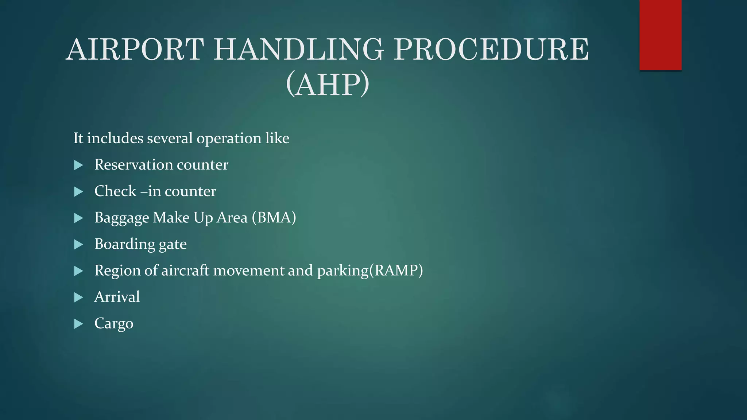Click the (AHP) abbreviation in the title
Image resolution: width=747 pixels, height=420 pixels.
328,85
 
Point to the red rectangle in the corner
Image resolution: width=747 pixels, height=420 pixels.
660,35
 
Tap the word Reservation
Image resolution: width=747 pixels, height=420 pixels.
133,164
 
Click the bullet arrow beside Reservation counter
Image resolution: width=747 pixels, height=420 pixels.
78,165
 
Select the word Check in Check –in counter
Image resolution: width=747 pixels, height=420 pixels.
115,191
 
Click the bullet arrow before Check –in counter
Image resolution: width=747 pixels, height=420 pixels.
78,192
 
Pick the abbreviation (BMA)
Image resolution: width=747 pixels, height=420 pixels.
274,217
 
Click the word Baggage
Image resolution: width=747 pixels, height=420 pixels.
122,218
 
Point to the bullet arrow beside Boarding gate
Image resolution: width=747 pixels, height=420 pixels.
78,245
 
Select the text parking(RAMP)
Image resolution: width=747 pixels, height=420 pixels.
370,271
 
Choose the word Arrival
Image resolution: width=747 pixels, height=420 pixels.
117,297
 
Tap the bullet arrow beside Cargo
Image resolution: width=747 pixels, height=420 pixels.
78,324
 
